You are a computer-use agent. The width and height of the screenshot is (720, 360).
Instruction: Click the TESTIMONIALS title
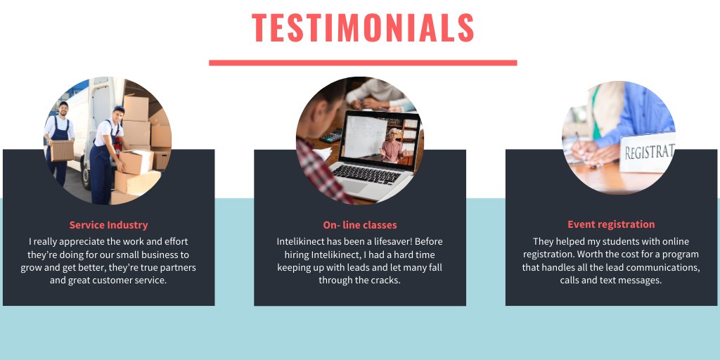pyautogui.click(x=363, y=28)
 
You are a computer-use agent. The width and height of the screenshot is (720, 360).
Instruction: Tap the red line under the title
pyautogui.click(x=363, y=63)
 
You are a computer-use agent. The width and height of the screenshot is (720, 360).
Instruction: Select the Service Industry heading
pyautogui.click(x=108, y=226)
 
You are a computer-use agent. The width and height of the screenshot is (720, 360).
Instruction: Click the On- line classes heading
pyautogui.click(x=360, y=226)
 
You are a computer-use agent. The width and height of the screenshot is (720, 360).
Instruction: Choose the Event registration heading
pyautogui.click(x=611, y=225)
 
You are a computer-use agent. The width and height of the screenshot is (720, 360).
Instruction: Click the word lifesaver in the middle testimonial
pyautogui.click(x=390, y=242)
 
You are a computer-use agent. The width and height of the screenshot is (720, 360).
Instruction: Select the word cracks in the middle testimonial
pyautogui.click(x=385, y=281)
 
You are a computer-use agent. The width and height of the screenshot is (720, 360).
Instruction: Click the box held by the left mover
pyautogui.click(x=62, y=150)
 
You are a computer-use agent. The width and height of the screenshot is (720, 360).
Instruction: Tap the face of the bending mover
pyautogui.click(x=119, y=115)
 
